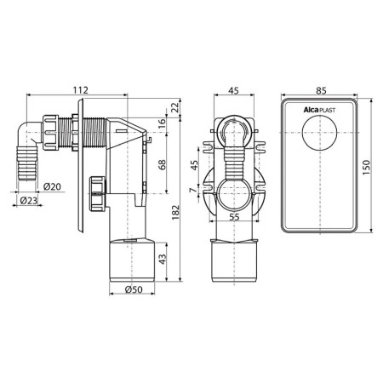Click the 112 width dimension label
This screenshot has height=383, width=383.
[x=81, y=90]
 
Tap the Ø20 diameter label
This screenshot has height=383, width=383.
[x=52, y=186]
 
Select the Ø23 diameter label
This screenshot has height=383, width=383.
[x=29, y=201]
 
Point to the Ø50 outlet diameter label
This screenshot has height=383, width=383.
[x=134, y=289]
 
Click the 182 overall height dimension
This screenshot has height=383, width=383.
[x=176, y=213]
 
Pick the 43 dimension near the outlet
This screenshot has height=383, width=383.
[x=163, y=259]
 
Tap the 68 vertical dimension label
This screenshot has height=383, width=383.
[x=162, y=165]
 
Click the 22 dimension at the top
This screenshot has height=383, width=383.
[x=176, y=107]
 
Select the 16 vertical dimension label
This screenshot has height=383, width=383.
[x=162, y=123]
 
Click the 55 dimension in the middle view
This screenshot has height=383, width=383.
[x=234, y=217]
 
